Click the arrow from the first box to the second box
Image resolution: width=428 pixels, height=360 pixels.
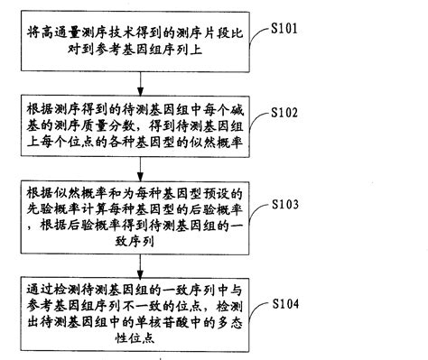point(138,78)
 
